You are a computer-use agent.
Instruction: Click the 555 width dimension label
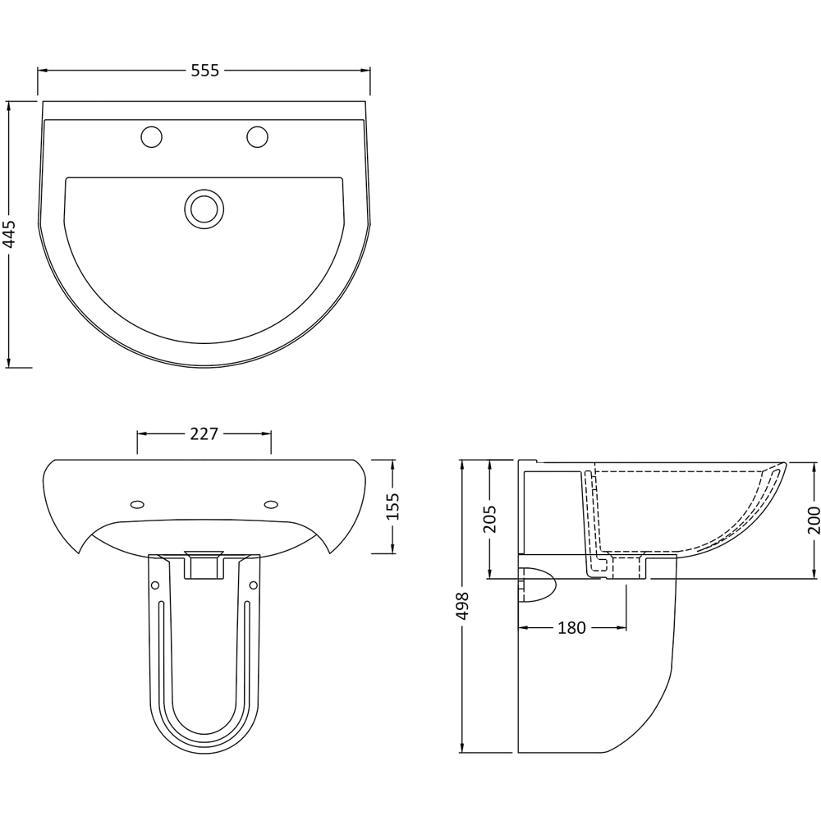click(x=204, y=71)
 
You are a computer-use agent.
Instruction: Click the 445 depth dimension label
click(x=10, y=233)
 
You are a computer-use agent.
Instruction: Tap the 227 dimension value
click(x=204, y=434)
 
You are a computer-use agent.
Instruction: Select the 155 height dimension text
click(x=393, y=506)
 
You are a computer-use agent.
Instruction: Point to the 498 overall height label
click(x=463, y=606)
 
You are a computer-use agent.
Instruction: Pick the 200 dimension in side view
click(x=814, y=520)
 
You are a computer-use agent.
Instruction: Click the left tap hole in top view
click(x=151, y=136)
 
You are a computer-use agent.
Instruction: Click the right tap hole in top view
click(x=257, y=136)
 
